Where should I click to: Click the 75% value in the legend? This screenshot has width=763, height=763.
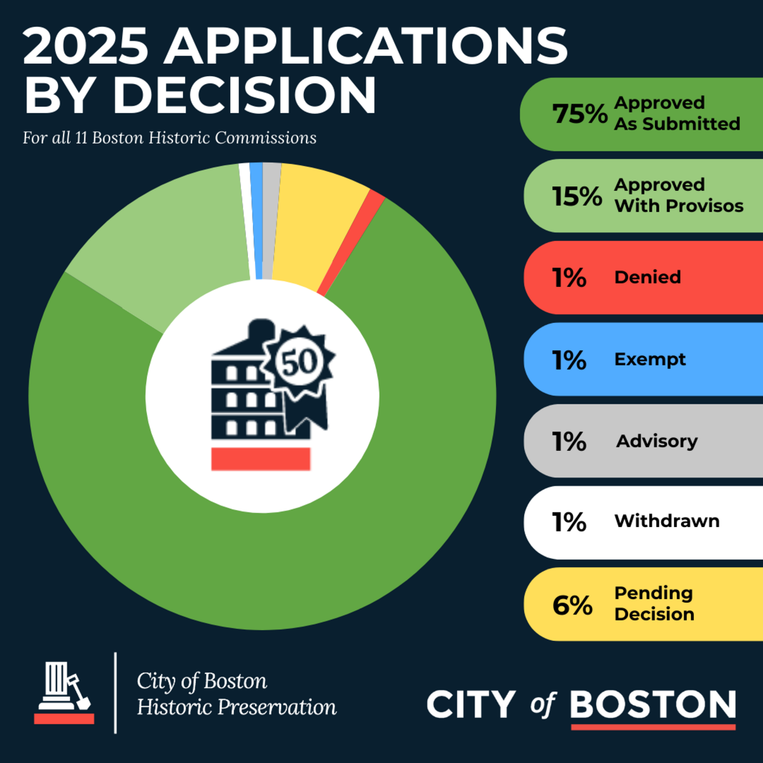click(x=579, y=114)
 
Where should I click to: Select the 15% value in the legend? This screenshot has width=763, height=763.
click(x=577, y=196)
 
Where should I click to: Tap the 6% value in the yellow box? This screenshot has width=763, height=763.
click(x=572, y=605)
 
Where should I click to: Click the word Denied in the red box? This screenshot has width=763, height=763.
click(x=647, y=277)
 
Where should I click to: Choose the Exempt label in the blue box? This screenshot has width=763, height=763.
click(x=650, y=359)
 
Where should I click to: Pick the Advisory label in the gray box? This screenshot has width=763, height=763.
click(x=657, y=441)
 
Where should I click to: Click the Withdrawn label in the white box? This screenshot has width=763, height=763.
click(x=667, y=521)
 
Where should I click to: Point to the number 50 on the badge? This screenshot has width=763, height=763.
click(x=299, y=362)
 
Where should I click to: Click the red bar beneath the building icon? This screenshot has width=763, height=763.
click(x=261, y=459)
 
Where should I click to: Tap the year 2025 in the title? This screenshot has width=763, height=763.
click(x=86, y=47)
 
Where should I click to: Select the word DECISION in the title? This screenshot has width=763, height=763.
click(x=245, y=95)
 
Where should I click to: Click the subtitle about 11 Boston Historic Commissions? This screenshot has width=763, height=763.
click(x=170, y=138)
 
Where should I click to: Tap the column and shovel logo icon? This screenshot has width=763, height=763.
click(x=64, y=692)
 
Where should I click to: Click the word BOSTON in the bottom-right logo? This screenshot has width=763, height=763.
click(x=653, y=705)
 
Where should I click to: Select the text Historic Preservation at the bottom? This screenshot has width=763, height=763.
click(x=237, y=707)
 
